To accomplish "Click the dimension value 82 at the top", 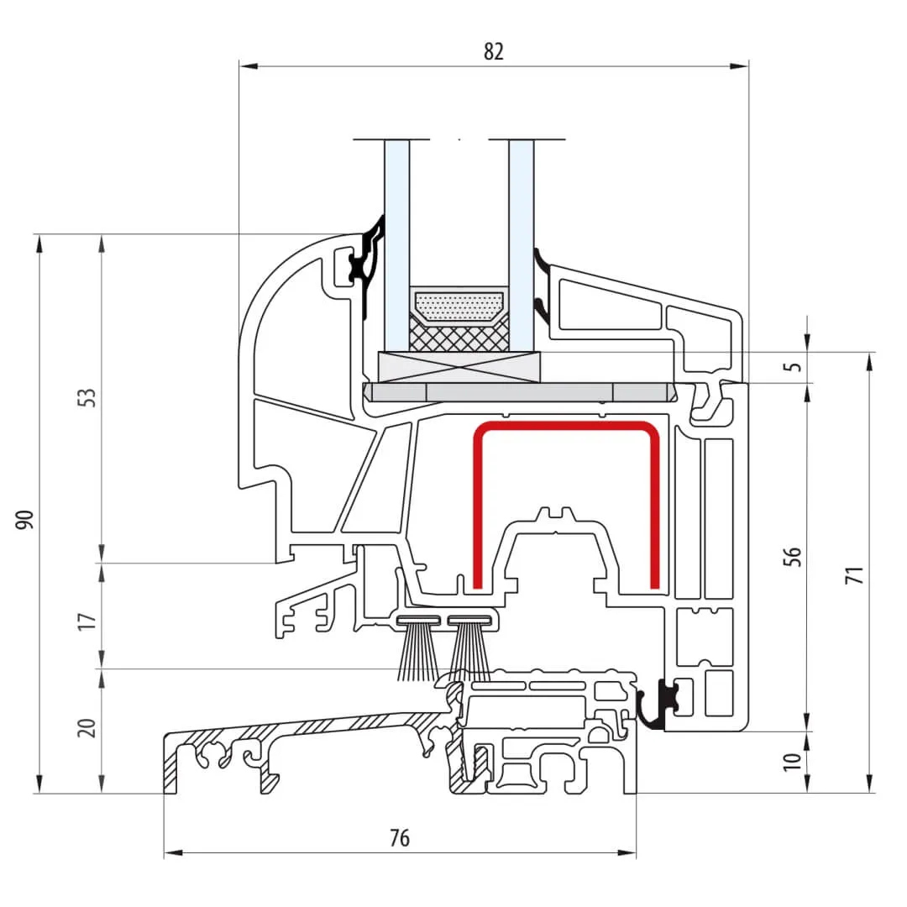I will tap(494, 51).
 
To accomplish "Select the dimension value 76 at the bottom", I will tap(400, 838).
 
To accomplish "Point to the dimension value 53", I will tap(89, 397).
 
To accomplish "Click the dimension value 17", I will tap(89, 621).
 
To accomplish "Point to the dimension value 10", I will tap(790, 762).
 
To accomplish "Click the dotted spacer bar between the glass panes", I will tap(459, 306).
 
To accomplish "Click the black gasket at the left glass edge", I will tap(367, 265).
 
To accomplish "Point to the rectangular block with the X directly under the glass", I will tap(459, 366).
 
